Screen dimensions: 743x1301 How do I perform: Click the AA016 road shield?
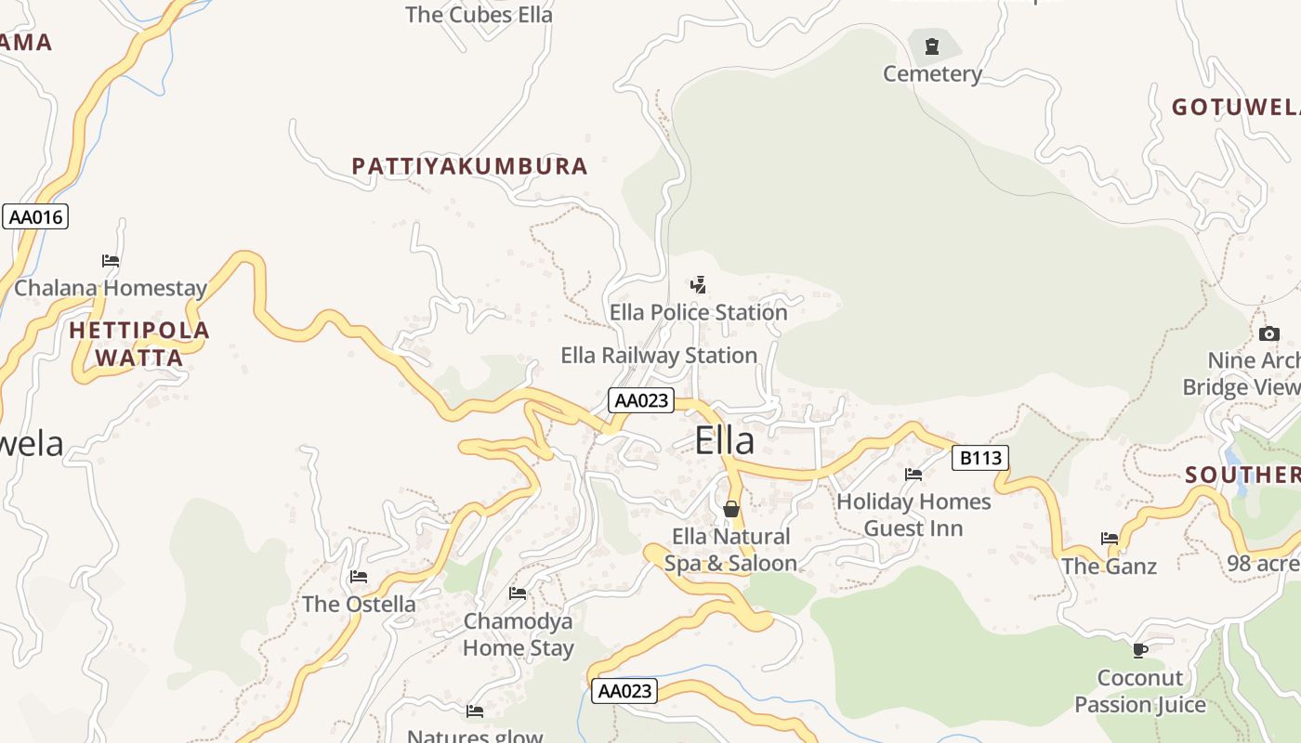(35, 217)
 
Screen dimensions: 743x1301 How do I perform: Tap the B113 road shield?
(980, 457)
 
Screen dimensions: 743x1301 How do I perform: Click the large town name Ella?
(725, 441)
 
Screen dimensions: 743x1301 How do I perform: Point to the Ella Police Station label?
(698, 313)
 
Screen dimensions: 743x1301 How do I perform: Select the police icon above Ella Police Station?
(698, 285)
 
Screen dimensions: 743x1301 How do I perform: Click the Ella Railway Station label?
(659, 356)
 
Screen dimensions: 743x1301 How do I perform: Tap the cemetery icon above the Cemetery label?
(932, 45)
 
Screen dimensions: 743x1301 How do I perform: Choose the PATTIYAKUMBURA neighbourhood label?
(469, 166)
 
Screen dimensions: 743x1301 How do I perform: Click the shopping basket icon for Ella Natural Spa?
(731, 509)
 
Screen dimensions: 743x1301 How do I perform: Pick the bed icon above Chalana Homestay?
(111, 261)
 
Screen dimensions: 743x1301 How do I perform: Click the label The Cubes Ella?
(479, 15)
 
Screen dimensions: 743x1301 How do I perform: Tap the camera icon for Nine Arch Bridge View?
(1268, 334)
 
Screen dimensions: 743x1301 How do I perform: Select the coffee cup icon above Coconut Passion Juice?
(1140, 650)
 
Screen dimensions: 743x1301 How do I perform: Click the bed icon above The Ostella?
(359, 577)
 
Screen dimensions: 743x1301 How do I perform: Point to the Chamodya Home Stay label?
(519, 634)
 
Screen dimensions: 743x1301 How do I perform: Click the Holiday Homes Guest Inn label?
(913, 515)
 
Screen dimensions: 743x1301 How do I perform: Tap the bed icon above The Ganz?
(1110, 539)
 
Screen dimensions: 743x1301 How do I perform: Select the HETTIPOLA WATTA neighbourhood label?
(139, 344)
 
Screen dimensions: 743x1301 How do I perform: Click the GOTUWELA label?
(1235, 108)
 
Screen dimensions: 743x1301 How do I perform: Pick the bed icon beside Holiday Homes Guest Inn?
(913, 475)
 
